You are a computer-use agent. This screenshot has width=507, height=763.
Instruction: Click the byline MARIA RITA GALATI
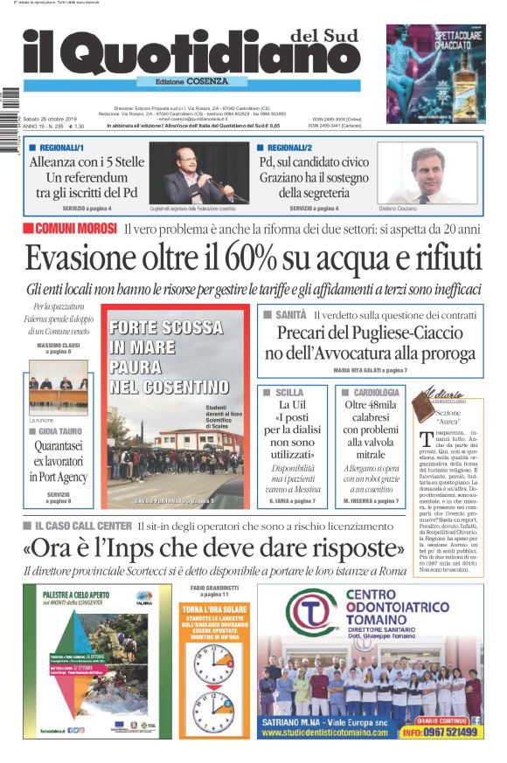(x=382, y=370)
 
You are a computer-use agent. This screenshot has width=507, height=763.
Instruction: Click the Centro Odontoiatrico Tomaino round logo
(x=303, y=621)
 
